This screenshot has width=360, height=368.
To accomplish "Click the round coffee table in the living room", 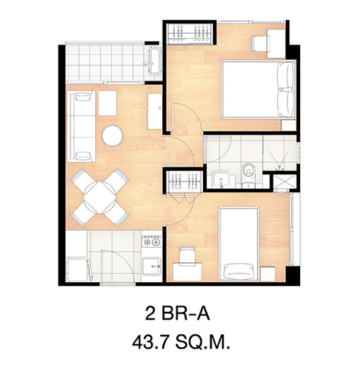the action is coord(112,135).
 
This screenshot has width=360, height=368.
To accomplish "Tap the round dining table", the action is coord(99,197).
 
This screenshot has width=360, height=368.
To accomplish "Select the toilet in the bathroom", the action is coord(248,176).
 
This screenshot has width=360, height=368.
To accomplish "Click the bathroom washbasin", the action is coord(222,179).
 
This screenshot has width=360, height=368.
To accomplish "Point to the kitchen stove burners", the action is coord(151,241).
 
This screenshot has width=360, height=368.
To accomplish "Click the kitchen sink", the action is coord(151,266).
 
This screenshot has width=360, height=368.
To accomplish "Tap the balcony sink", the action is coord(155,60).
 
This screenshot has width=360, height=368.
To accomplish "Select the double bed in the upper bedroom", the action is coord(258,89).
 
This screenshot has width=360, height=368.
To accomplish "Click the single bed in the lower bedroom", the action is coord(239,244).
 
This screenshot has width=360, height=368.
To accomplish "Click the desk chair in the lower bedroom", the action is coord(187,256).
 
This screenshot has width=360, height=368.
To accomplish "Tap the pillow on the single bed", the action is coord(238,271).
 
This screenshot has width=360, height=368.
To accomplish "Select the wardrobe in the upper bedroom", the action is coord(189,34).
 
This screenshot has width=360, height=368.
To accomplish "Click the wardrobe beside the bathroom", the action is coord(184,181).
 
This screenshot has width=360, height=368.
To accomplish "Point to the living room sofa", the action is coord(81,126).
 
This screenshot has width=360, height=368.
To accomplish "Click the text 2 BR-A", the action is coord(178,314).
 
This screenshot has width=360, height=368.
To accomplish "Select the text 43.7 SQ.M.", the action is coord(181,343).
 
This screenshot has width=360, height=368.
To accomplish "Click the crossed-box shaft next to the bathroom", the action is coord(283,182).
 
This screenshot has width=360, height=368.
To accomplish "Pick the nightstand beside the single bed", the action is coord(268,274).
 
